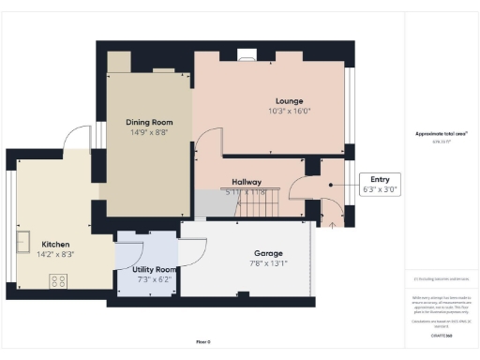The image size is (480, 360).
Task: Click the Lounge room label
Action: click(289, 100)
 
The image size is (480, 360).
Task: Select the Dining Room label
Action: click(146, 122)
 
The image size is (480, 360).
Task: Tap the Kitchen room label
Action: click(31, 244)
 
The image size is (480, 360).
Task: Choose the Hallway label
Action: click(247, 182)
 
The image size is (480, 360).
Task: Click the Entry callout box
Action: click(381, 184)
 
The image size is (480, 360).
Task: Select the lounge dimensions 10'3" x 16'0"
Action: click(289, 111)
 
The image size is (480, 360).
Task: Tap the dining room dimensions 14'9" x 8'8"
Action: click(146, 132)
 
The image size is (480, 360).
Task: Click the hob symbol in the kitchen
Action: click(56, 280)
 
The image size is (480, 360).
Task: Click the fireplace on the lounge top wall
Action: click(247, 55)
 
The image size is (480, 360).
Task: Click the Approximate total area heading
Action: click(440, 134)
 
